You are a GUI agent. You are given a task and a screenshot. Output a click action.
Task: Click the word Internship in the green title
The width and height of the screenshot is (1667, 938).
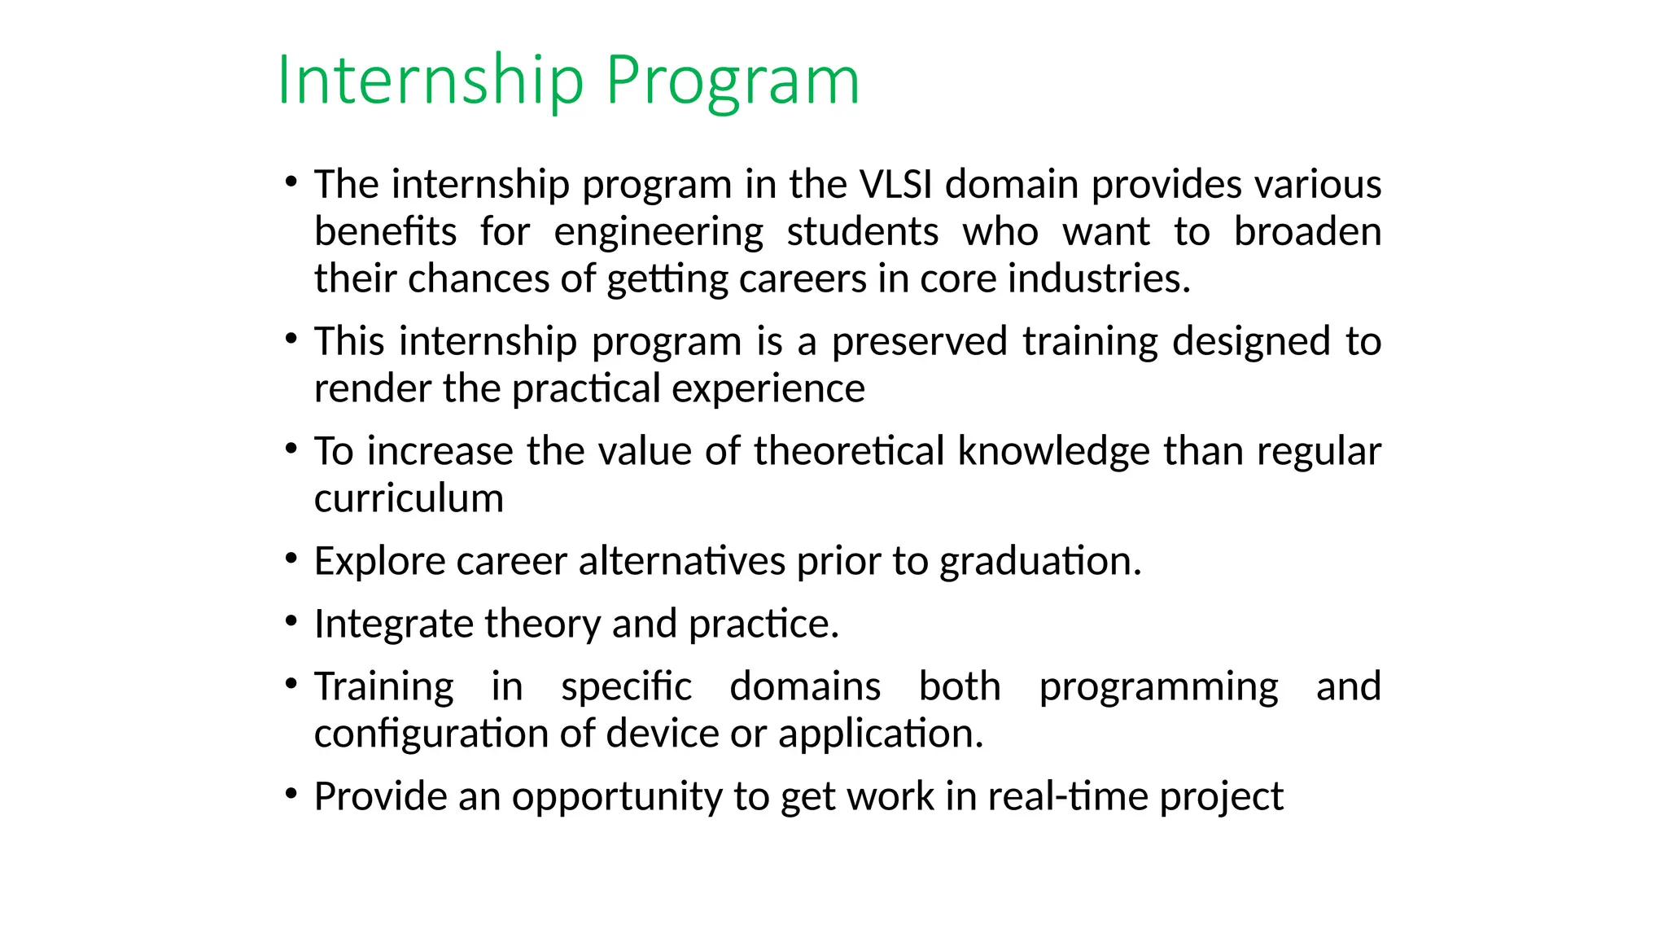tap(431, 80)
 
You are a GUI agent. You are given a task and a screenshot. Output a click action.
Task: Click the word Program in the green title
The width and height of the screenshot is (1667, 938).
tap(733, 80)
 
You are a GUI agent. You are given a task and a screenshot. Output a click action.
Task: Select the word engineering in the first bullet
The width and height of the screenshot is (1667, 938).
tap(658, 231)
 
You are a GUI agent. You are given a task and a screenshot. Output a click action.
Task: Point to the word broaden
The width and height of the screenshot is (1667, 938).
tap(1307, 231)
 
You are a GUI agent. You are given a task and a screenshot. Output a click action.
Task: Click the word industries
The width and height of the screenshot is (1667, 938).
tap(1098, 278)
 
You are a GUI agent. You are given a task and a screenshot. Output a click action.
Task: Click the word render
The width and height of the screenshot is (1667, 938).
tap(372, 388)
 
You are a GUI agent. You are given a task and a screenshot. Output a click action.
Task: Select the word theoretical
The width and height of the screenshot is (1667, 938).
tap(848, 451)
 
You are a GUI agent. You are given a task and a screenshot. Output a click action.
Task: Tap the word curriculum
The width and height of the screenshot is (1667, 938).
tap(409, 498)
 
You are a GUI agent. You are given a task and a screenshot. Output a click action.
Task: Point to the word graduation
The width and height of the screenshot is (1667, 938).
tap(1040, 561)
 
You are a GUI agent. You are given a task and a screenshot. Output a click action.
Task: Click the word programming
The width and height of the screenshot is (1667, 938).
tap(1158, 686)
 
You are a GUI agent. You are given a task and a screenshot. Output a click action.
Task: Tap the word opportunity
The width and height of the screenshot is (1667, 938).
tap(616, 796)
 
